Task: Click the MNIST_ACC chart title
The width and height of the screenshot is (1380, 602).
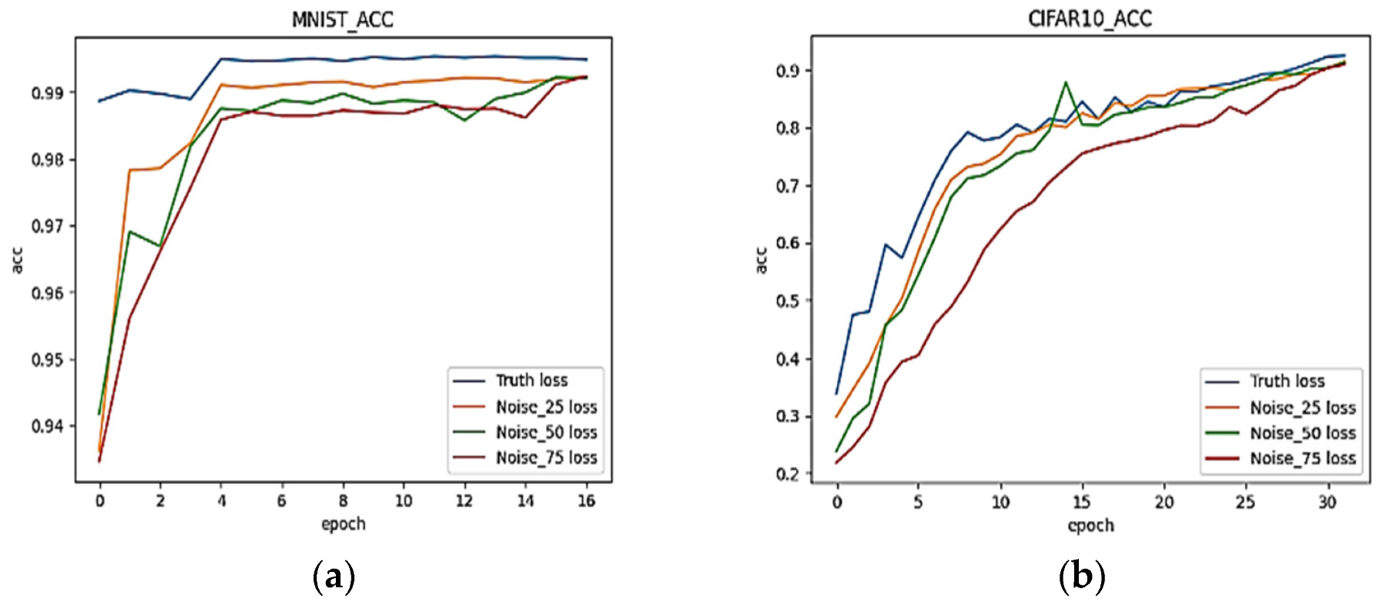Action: (x=342, y=19)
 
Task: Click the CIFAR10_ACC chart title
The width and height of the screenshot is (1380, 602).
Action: (x=1090, y=19)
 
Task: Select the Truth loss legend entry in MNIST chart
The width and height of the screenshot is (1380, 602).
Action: (x=531, y=380)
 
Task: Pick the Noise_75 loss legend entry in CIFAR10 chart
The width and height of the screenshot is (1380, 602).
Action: (x=1302, y=458)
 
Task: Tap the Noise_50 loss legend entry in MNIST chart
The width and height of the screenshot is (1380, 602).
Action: (x=546, y=432)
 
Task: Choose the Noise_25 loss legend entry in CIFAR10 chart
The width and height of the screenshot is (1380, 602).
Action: (x=1302, y=408)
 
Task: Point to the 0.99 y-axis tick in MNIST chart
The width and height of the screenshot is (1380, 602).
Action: (x=49, y=93)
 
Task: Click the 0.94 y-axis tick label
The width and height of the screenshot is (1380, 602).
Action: (x=49, y=426)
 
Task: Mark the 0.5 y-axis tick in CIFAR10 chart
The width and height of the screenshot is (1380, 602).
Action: (x=789, y=301)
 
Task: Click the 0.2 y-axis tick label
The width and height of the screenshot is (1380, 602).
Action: (x=789, y=474)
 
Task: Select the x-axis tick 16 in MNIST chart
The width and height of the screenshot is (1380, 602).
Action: (x=586, y=501)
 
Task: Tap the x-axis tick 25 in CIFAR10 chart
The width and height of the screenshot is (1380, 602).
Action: (x=1245, y=502)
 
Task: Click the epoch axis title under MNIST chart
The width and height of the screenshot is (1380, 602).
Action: (x=343, y=524)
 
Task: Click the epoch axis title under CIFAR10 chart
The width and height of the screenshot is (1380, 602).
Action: (x=1090, y=526)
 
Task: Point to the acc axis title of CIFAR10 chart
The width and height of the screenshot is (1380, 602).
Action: (x=761, y=260)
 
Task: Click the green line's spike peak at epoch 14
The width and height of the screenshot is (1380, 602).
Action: (x=1066, y=82)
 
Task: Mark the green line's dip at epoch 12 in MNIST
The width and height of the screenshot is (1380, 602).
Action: (x=464, y=120)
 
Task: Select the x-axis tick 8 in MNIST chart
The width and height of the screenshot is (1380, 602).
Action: (x=343, y=501)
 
